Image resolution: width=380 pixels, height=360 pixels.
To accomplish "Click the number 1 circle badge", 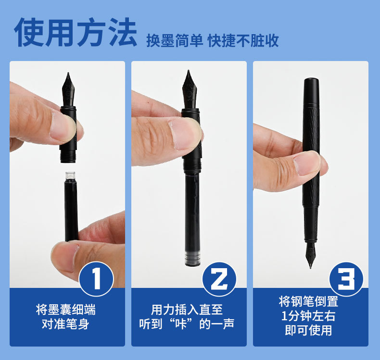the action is click(97, 279).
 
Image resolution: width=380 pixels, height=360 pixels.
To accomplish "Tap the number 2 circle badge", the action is click(219, 279).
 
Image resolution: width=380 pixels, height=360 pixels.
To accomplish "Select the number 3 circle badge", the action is click(346, 279).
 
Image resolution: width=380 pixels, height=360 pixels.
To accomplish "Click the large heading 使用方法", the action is click(76, 32).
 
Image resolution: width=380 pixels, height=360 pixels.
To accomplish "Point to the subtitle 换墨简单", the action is click(175, 40).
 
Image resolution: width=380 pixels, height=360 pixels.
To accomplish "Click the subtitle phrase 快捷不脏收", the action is click(243, 40).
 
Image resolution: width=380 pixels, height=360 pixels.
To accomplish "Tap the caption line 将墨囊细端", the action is click(66, 310).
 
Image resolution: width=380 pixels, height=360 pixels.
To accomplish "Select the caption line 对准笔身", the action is click(66, 324).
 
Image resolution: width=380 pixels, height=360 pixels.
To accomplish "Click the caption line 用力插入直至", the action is click(187, 310).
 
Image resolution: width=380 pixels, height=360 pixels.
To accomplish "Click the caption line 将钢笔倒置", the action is click(308, 301).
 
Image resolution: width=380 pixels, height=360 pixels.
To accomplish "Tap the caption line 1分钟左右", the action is click(308, 316).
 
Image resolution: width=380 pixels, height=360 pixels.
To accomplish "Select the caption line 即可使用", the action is click(308, 330).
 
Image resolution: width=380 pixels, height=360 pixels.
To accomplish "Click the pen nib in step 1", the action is click(68, 89).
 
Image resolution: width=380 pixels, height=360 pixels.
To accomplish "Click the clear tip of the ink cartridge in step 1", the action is click(70, 175).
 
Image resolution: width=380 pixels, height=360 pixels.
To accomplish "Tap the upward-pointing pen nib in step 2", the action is click(189, 89).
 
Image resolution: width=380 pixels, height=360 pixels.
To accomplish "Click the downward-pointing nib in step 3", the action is click(310, 255).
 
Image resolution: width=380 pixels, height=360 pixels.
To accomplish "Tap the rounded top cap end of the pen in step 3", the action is click(311, 81).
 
